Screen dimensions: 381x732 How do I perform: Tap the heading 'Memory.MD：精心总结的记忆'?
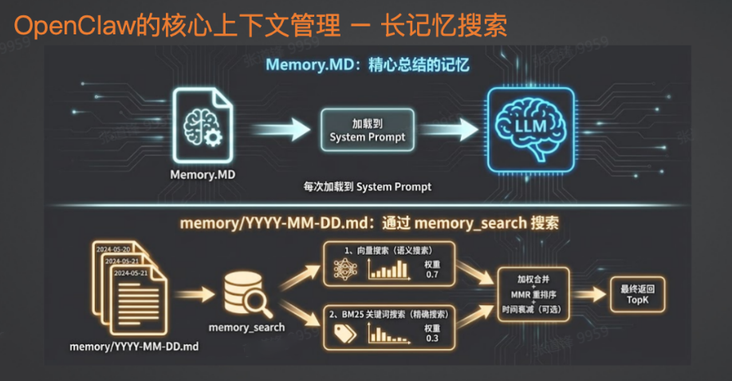[366, 67]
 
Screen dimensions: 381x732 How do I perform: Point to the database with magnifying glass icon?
[248, 295]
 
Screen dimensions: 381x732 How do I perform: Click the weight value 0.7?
[431, 274]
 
